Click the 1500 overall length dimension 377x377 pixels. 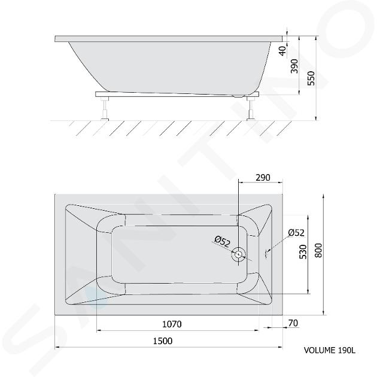click(163, 341)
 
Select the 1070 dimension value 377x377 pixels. click(172, 324)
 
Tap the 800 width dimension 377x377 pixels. click(318, 251)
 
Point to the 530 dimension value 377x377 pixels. click(303, 252)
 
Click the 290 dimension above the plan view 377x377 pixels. click(263, 178)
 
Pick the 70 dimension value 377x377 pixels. click(293, 323)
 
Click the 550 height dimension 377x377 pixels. click(311, 78)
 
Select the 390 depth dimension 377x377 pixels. click(294, 66)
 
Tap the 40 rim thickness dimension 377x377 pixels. click(282, 51)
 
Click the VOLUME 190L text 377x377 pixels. click(330, 350)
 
